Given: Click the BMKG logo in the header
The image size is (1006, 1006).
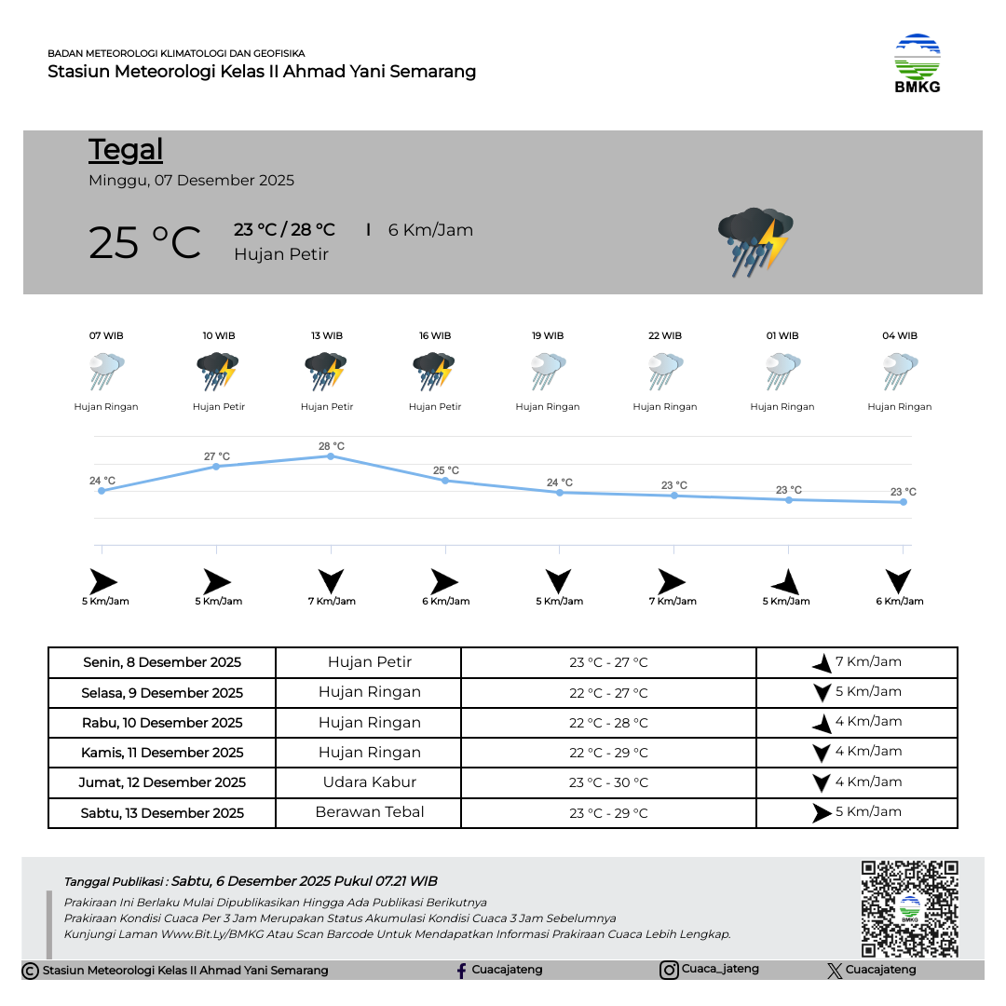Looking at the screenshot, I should tap(917, 63).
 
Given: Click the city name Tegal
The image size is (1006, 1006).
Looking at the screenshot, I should tap(126, 150).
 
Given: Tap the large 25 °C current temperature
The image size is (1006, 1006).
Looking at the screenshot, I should tap(144, 242).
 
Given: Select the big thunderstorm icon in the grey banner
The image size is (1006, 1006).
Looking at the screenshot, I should tap(754, 241).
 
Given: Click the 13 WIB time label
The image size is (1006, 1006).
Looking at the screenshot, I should tap(327, 335).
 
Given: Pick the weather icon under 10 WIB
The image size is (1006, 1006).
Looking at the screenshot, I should tap(218, 372).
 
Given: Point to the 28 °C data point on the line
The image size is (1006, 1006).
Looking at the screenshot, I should tap(331, 455).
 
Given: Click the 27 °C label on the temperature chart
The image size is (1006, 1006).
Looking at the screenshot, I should tap(217, 456).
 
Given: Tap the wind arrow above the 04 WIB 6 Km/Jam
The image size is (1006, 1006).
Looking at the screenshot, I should tap(899, 581).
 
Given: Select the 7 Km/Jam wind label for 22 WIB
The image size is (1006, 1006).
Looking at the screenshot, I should tap(673, 601).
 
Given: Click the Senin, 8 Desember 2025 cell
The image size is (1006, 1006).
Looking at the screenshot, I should tap(162, 662).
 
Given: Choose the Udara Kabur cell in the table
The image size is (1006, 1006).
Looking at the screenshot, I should tap(369, 782).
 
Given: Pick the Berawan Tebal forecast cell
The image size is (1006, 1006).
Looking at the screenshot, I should tap(369, 812).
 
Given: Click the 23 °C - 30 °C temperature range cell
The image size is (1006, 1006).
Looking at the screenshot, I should tap(608, 782).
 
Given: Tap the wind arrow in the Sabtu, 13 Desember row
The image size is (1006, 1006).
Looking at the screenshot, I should tap(821, 812).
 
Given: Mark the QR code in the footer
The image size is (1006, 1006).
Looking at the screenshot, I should tap(909, 908).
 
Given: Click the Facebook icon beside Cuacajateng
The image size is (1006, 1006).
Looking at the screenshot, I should tap(461, 971).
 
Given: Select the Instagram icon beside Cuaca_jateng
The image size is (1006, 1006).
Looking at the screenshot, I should tap(669, 970).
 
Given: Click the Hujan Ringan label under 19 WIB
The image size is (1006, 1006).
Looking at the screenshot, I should tap(548, 407).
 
